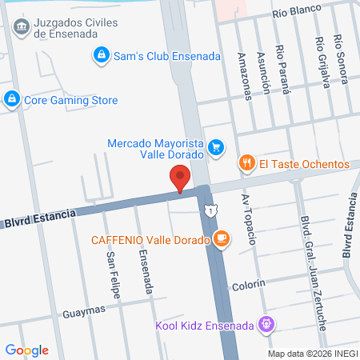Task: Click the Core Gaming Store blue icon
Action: tap(11, 100)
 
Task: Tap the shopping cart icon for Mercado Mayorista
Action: tap(215, 147)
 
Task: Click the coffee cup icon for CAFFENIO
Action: tap(222, 238)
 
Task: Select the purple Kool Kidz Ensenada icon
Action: tap(267, 326)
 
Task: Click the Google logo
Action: tap(26, 350)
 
